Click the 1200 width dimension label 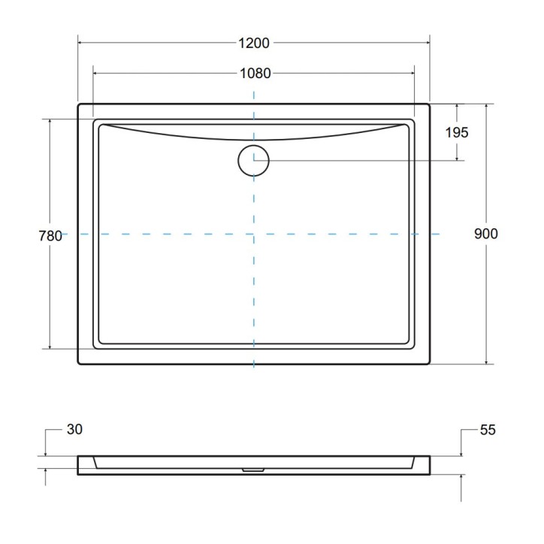[x=254, y=43]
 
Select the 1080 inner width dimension [x=254, y=73]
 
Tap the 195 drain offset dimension [x=456, y=132]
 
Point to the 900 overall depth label [x=486, y=234]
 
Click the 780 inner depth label [x=50, y=235]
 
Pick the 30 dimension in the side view [x=74, y=430]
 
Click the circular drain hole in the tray [x=253, y=160]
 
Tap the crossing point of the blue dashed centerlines [x=253, y=234]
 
